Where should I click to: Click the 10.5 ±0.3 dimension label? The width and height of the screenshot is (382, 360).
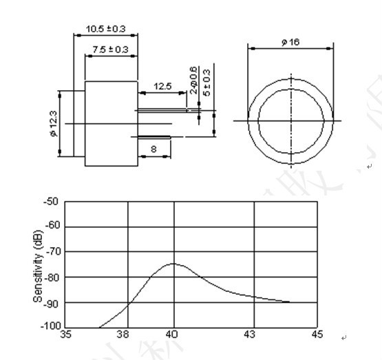[x=105, y=29]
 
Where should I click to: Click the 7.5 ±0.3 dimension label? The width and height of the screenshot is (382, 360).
[x=110, y=50]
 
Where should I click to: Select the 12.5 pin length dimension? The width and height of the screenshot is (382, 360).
[x=162, y=87]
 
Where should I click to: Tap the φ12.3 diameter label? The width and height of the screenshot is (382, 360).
[x=53, y=123]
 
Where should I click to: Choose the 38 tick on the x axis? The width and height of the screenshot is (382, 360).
[x=122, y=335]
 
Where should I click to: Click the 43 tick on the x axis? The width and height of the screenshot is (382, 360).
[x=255, y=335]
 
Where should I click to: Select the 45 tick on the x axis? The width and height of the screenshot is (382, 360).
[x=316, y=335]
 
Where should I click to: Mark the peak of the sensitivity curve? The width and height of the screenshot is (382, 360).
[x=173, y=264]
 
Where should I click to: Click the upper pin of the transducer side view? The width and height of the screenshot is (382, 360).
[x=162, y=109]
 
